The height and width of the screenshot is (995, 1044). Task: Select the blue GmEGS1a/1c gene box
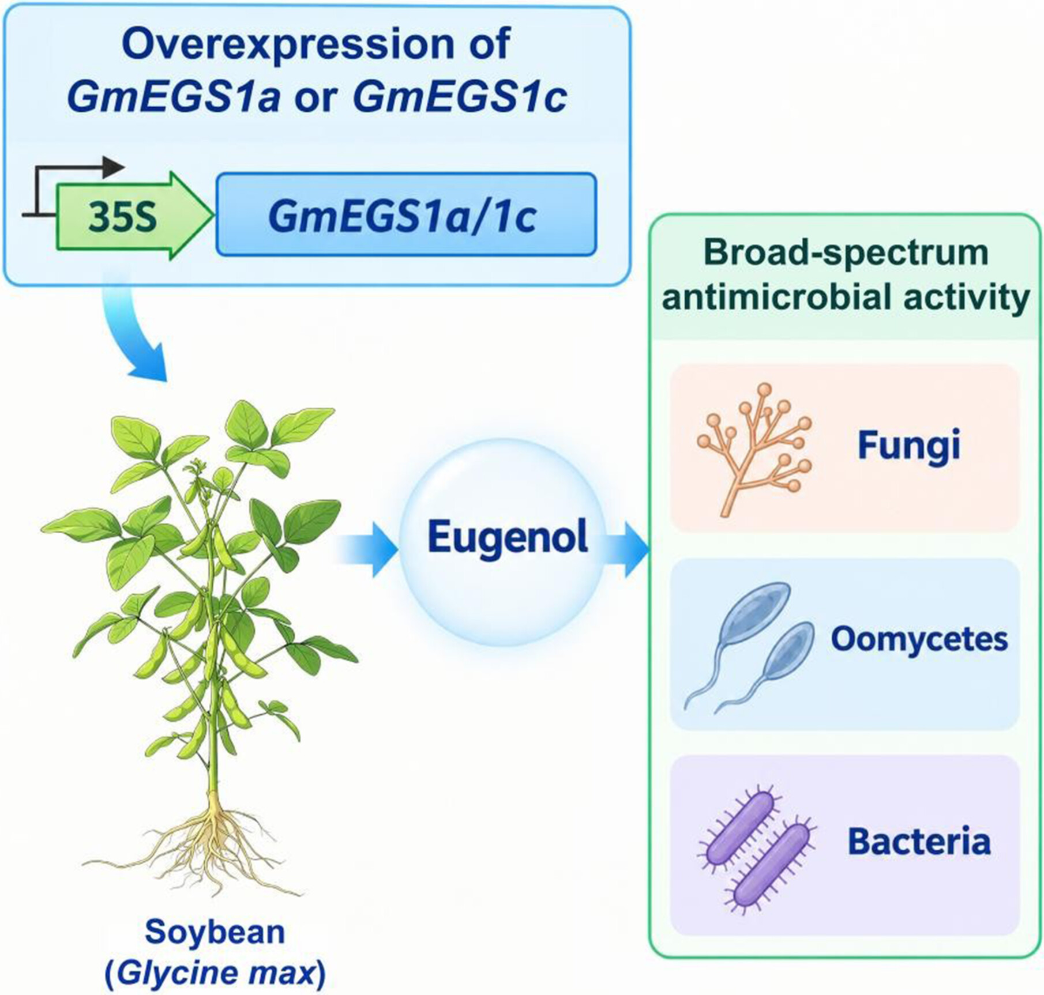click(406, 214)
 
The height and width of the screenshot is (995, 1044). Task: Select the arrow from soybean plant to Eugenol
click(367, 549)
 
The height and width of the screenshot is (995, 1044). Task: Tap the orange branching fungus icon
click(753, 449)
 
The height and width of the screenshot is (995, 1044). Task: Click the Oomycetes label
click(919, 639)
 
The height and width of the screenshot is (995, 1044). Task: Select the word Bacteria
click(919, 841)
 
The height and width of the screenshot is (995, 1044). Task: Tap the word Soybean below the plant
click(215, 932)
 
